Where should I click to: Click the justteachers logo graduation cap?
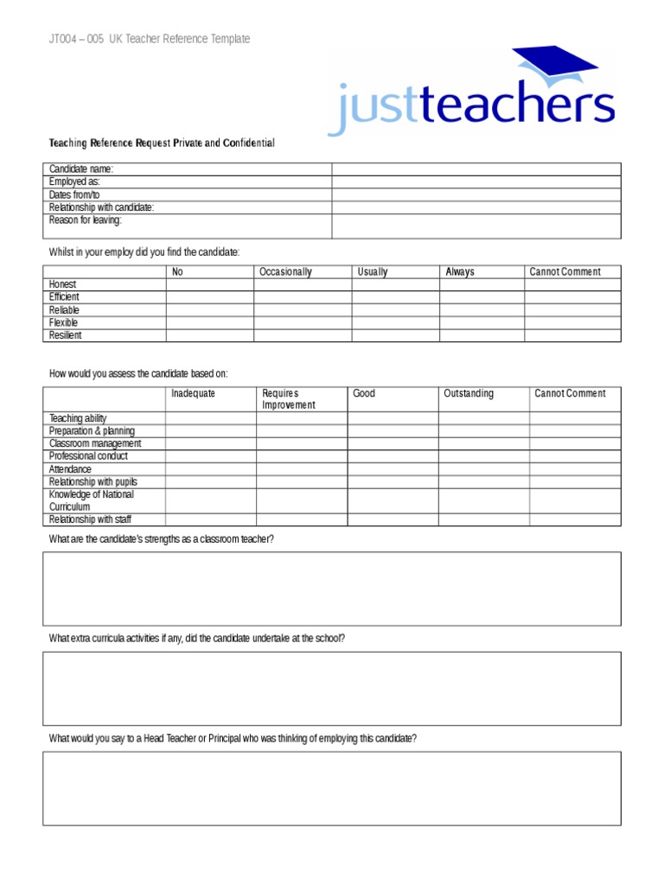554,68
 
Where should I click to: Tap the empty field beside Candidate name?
476,169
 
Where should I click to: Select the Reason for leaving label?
86,220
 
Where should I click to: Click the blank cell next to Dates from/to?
476,195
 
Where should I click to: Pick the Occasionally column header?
285,272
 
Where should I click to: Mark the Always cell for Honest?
482,284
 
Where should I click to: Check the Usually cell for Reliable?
395,309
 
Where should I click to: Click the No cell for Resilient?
209,335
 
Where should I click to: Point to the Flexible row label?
64,322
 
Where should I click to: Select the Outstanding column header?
469,394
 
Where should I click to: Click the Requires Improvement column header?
289,399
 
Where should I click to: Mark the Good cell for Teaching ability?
393,418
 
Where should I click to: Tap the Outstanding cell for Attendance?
483,469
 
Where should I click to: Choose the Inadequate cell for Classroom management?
211,443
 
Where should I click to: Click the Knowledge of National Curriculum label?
92,500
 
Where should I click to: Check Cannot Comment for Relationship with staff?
575,519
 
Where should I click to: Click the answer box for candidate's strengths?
332,589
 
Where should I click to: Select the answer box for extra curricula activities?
332,688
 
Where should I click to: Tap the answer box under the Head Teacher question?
332,788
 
